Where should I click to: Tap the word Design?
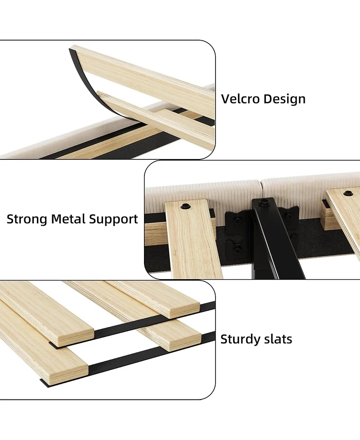click(284, 100)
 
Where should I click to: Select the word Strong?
click(27, 219)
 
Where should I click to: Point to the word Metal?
click(68, 219)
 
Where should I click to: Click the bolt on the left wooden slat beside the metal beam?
click(185, 207)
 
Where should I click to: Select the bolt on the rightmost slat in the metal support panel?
click(348, 193)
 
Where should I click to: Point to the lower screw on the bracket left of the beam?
click(238, 248)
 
